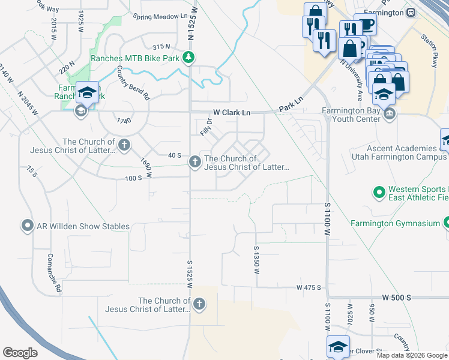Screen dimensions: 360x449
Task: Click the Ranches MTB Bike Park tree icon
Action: (189, 58)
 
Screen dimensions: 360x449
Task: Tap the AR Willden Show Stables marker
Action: (27, 226)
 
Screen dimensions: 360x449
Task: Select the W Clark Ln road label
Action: (231, 112)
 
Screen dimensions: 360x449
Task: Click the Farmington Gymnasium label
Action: (396, 224)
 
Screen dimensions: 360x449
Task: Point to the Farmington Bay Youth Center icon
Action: (390, 114)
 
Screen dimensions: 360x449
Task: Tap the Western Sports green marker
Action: (379, 193)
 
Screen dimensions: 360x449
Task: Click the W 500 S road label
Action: (396, 298)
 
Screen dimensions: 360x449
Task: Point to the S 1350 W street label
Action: (256, 260)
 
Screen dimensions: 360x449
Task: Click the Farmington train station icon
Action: (411, 12)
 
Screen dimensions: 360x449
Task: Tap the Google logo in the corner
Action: (20, 352)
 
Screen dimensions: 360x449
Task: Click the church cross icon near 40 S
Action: (194, 162)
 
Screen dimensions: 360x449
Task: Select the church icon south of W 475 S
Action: (199, 305)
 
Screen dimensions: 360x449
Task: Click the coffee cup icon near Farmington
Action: (367, 24)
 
